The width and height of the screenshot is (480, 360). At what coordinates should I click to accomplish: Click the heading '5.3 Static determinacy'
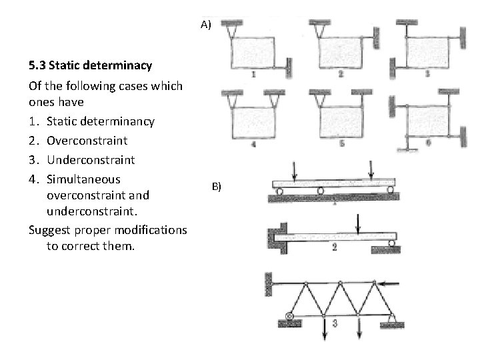click(90, 66)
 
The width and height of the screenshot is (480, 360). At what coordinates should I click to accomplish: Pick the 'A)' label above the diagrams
click(205, 25)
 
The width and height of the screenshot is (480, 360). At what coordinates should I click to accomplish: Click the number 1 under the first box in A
click(253, 75)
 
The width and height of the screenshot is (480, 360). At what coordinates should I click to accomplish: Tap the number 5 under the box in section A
click(341, 143)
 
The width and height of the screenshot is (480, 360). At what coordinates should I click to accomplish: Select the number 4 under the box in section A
click(253, 143)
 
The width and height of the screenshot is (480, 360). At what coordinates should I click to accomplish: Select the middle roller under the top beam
click(321, 191)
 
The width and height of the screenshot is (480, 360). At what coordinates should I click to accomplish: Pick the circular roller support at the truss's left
click(289, 317)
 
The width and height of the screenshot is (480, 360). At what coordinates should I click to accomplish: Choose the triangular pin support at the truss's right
click(391, 318)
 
